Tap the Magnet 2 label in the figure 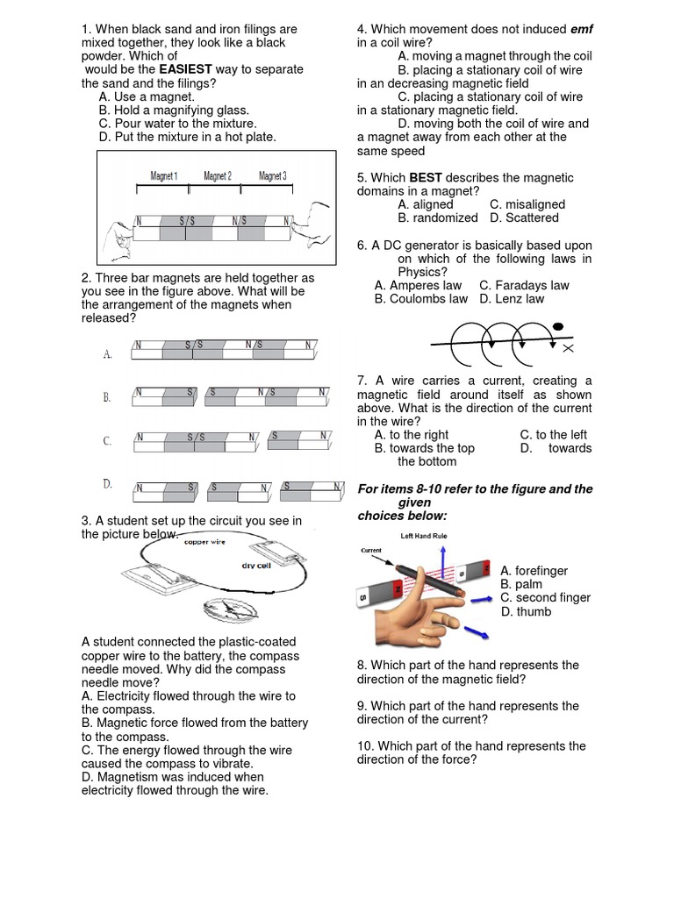tap(218, 176)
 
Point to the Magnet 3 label tap(272, 176)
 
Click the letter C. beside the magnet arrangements tap(107, 441)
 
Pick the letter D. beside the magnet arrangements tap(107, 483)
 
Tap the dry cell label tap(260, 566)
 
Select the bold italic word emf tap(582, 29)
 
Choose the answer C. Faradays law tap(524, 285)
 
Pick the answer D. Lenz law tap(512, 299)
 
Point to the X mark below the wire tap(568, 349)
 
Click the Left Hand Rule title tap(425, 535)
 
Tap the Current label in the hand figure tap(372, 551)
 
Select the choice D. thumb tap(527, 611)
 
